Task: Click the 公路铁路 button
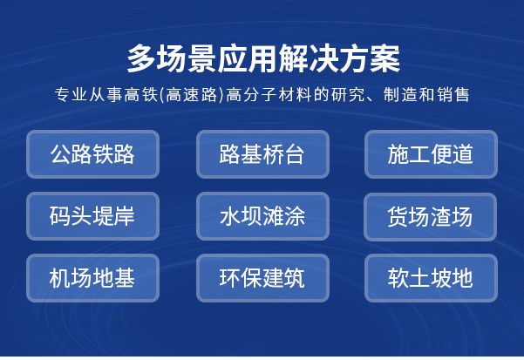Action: click(92, 154)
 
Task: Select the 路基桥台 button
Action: click(262, 154)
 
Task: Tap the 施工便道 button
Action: click(431, 154)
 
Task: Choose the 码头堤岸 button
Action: click(92, 216)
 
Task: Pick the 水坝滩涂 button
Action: click(262, 216)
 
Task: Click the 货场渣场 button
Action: click(430, 217)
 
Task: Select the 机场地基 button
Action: click(92, 278)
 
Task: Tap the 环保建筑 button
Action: click(262, 278)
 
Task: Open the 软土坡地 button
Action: click(431, 278)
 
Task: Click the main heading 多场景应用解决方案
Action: click(263, 58)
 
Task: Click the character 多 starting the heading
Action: click(141, 58)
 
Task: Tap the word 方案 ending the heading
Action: click(370, 58)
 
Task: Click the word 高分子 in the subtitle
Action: click(252, 94)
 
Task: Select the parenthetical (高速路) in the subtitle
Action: click(192, 94)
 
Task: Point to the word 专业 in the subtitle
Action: click(71, 94)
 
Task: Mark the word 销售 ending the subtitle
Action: click(453, 94)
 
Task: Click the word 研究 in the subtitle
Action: click(348, 94)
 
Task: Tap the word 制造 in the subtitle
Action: click(400, 94)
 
